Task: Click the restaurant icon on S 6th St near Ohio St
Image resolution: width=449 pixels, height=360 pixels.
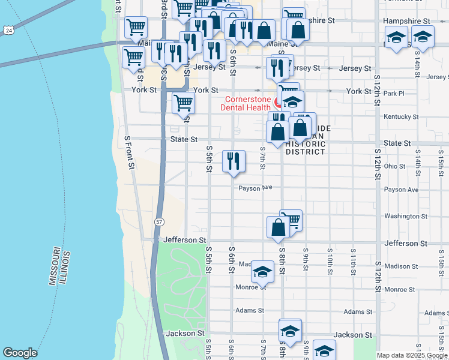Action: [x=234, y=160]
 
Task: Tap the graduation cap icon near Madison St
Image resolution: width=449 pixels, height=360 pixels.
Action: [x=262, y=271]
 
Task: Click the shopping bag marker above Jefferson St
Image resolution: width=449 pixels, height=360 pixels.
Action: [x=278, y=227]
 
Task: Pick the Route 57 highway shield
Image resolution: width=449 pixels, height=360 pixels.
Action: [x=158, y=221]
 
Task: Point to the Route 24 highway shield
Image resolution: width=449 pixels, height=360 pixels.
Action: [x=8, y=29]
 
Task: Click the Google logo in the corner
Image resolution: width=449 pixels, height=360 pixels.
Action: [x=20, y=353]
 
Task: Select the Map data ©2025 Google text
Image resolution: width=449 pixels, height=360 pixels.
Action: [x=412, y=355]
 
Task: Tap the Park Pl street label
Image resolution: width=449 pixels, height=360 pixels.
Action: [x=394, y=94]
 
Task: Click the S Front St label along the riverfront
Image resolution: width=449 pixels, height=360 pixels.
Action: [x=128, y=152]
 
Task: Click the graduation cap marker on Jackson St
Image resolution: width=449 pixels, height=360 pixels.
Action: [x=290, y=331]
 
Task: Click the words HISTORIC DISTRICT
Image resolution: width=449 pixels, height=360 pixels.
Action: [x=305, y=148]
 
